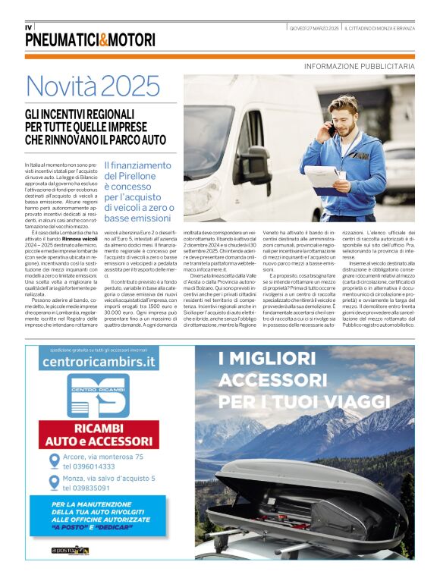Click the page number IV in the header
[x=29, y=27]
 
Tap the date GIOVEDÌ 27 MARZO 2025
[x=313, y=28]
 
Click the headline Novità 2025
[x=93, y=87]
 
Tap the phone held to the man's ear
[x=332, y=130]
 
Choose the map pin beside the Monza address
[x=55, y=483]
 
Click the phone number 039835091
[x=86, y=488]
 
